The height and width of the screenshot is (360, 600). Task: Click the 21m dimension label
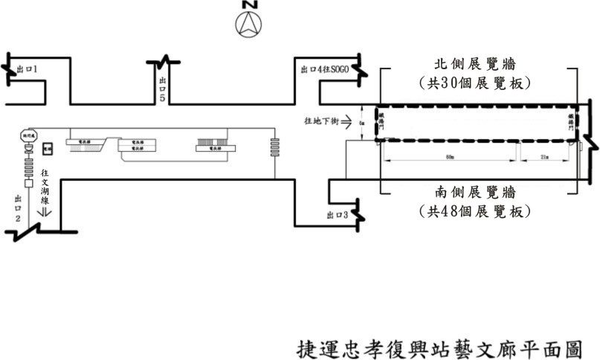click(x=544, y=157)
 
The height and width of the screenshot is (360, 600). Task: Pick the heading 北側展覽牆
click(x=476, y=62)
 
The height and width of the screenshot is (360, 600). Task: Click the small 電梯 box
click(x=48, y=149)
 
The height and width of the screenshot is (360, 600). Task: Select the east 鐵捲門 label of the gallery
click(x=570, y=123)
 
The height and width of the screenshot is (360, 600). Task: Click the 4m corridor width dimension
click(x=361, y=123)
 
